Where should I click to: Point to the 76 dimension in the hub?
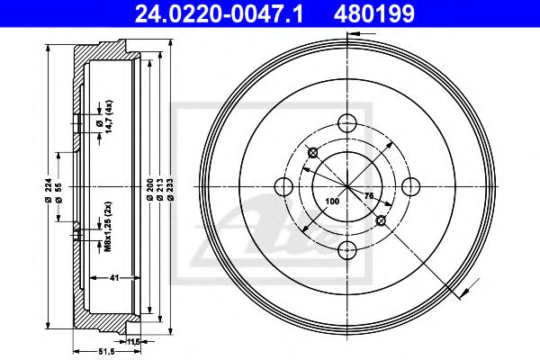pos(367,195)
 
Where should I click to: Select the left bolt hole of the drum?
pos(283,187)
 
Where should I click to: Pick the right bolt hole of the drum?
pos(410,186)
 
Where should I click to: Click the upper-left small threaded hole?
pos(312,153)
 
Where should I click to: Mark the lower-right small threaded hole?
pos(381,221)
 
